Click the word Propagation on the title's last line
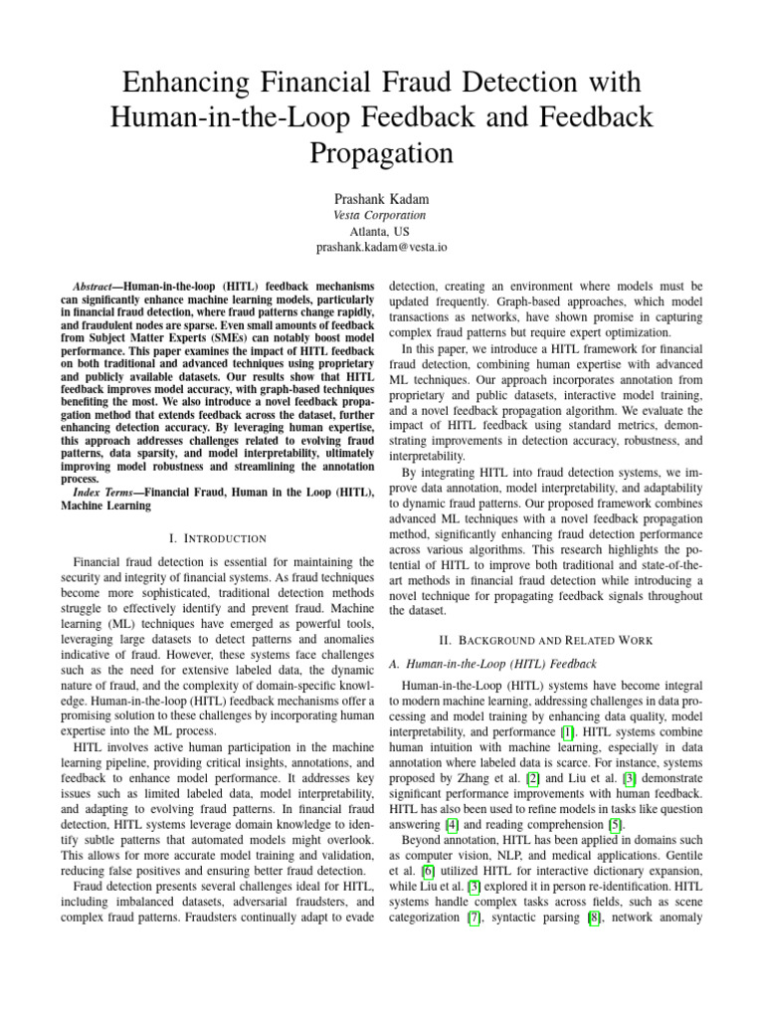click(381, 152)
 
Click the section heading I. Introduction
click(219, 538)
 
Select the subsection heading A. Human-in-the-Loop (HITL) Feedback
click(487, 663)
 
